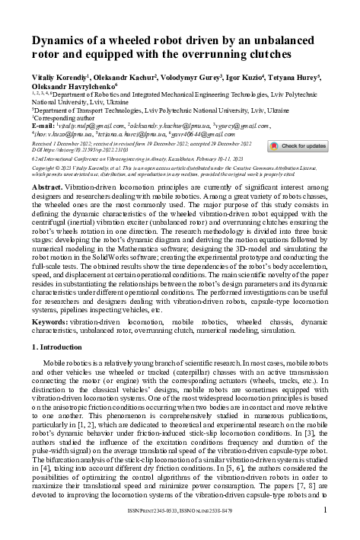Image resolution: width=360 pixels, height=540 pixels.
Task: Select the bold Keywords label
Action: pos(51,323)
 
